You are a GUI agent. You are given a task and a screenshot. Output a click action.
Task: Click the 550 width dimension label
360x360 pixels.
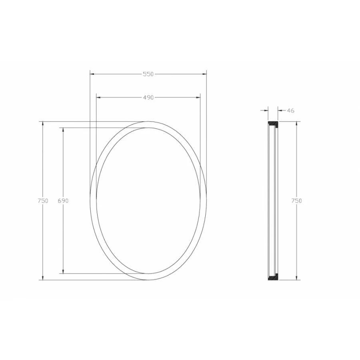coord(148,74)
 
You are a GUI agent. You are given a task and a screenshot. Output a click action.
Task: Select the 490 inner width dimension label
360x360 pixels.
coord(148,98)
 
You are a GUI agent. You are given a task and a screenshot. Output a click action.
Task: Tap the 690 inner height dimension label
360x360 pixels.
coord(63,201)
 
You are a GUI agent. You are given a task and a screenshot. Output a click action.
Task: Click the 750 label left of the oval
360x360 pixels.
coord(43,201)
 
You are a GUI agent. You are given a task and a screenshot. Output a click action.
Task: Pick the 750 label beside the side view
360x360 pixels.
coord(297,201)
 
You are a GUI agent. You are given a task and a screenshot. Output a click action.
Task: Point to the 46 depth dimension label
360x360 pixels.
coord(290,111)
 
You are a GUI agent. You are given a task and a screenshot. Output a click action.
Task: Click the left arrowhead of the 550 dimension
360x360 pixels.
coord(92,74)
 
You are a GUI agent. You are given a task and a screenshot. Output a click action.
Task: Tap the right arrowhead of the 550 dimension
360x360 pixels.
coord(204,74)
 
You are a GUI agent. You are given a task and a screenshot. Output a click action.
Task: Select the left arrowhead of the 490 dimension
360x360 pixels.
coord(98,98)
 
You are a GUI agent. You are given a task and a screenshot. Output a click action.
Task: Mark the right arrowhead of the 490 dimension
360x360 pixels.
coord(198,98)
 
